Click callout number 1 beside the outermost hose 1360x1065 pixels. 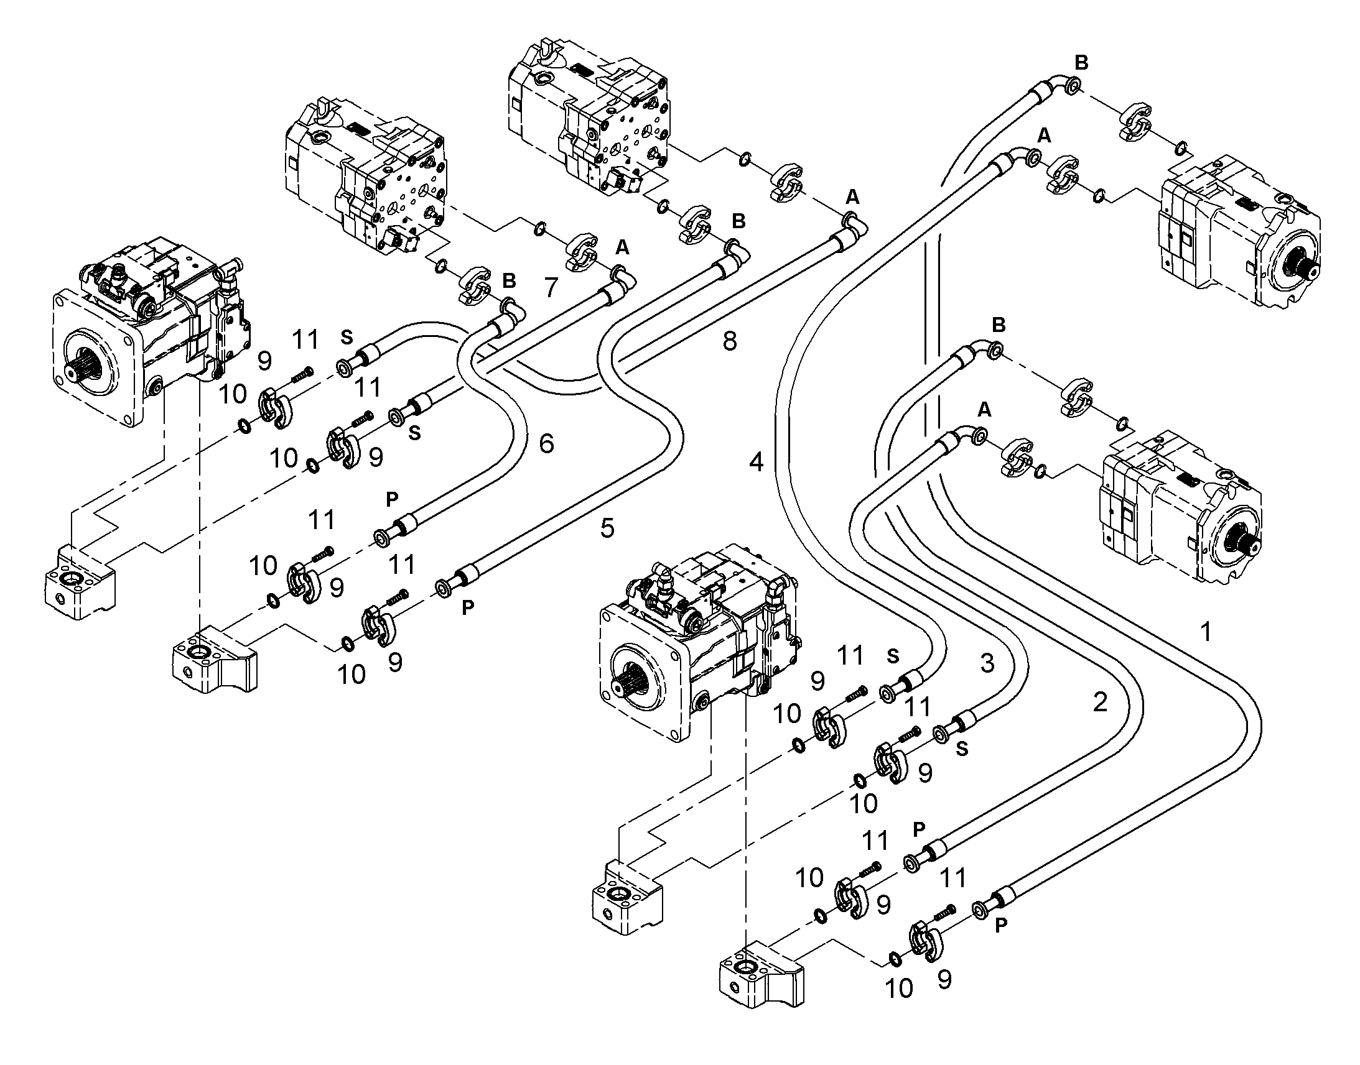tap(1206, 632)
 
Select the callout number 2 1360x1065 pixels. tap(1100, 703)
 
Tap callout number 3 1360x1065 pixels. tap(987, 663)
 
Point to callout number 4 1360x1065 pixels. tap(756, 462)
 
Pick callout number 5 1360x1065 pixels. tap(607, 528)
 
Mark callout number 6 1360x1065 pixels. tap(546, 443)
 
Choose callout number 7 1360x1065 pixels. tap(550, 287)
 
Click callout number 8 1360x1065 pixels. tap(729, 341)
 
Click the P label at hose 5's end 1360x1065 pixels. tap(468, 607)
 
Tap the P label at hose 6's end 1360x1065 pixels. tap(392, 499)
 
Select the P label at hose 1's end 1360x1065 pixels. tap(1001, 925)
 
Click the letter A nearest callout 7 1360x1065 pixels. tap(622, 248)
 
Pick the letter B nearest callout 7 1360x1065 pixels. tap(509, 280)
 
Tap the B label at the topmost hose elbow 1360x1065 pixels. tap(1081, 62)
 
